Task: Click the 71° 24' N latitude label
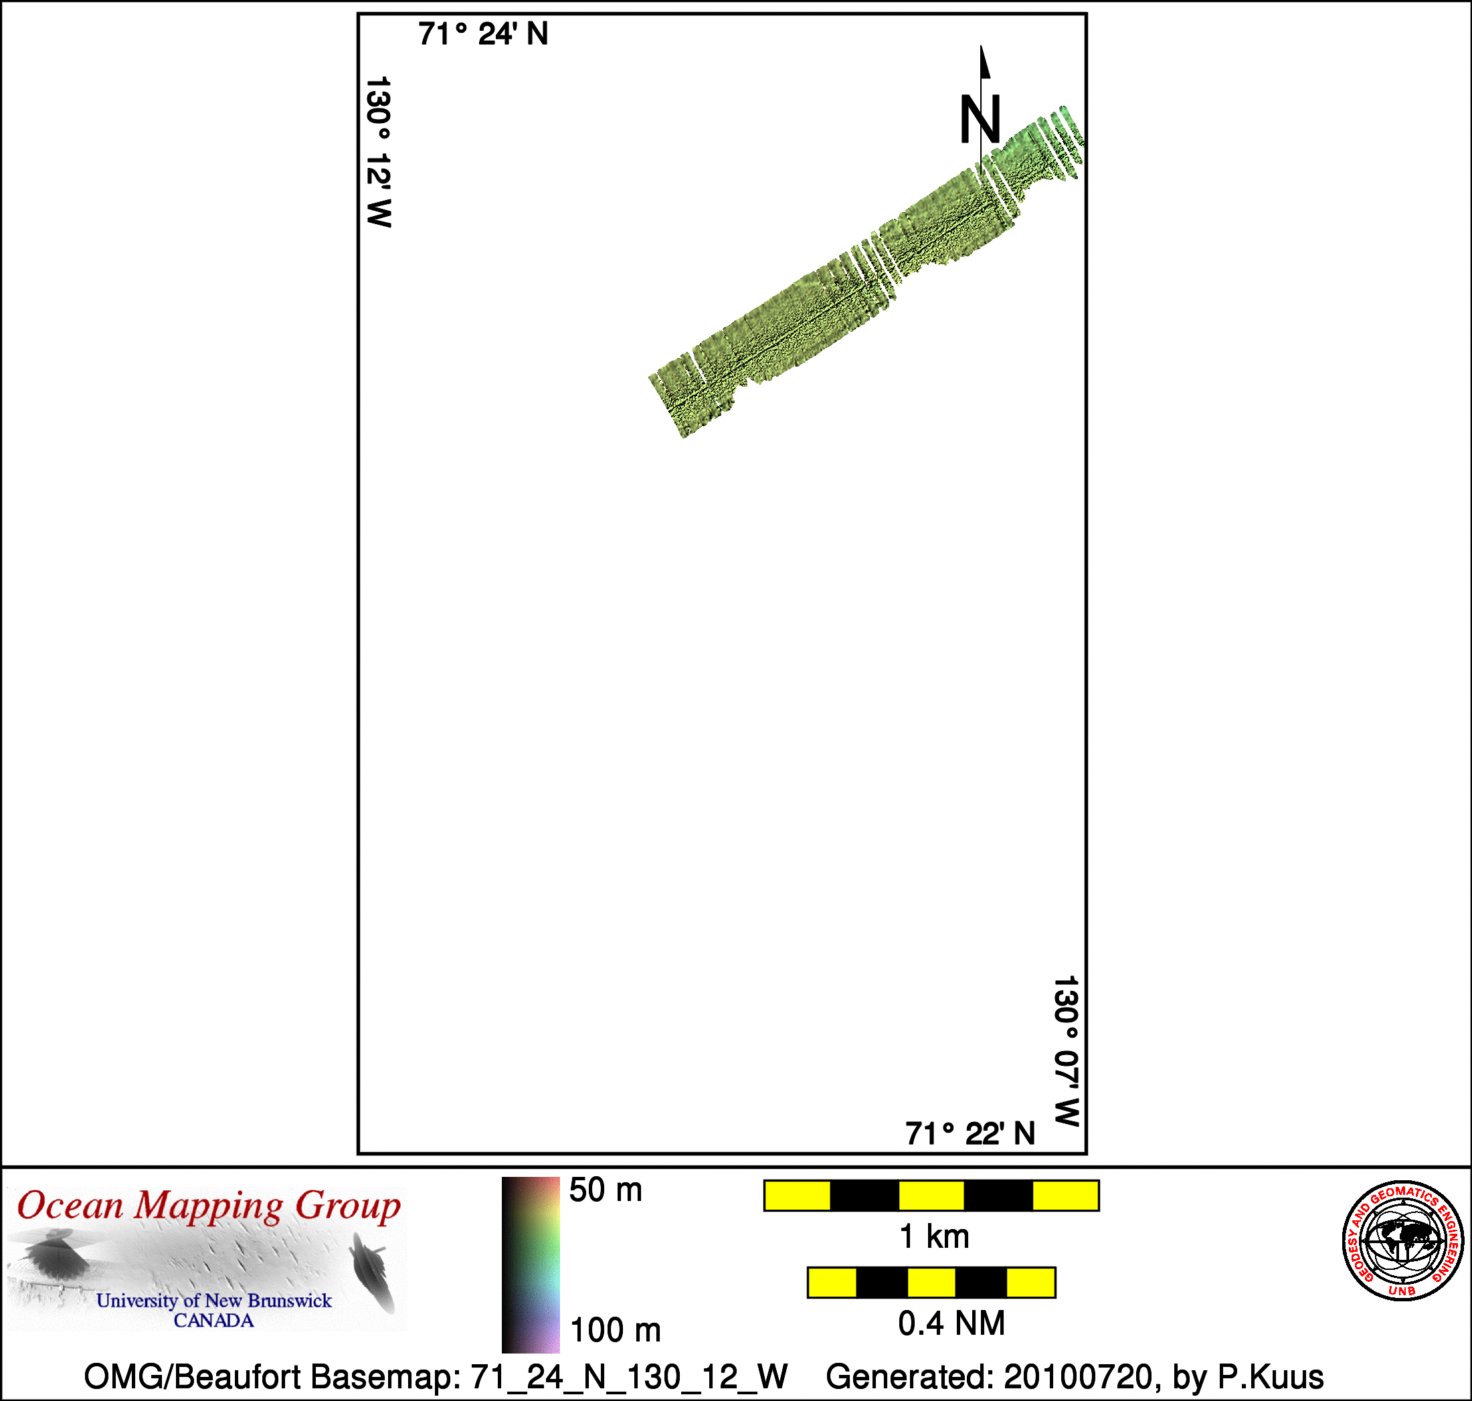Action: [x=482, y=34]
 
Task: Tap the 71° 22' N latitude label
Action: [x=970, y=1133]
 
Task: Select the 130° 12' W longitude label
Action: [x=379, y=152]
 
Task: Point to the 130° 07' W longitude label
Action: [x=1066, y=1050]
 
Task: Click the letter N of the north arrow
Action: [x=980, y=120]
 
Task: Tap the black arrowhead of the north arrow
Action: [x=985, y=62]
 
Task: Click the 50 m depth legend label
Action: [x=605, y=1190]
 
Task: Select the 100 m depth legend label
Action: [x=616, y=1330]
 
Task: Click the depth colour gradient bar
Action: [x=530, y=1265]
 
